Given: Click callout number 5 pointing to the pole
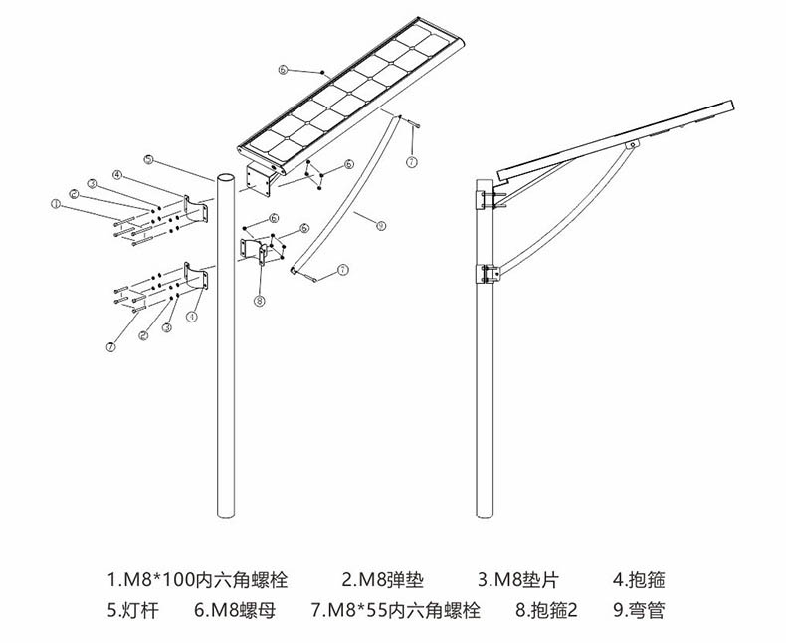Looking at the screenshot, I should point(147,159).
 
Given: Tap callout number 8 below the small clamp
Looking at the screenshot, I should point(259,300).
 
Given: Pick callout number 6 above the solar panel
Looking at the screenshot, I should point(284,70).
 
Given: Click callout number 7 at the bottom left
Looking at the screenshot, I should point(111,346).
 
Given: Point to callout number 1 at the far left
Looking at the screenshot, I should point(56,203).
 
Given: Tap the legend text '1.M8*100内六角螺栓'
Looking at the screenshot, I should point(196,578).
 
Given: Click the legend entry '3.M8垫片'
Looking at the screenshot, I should point(515,578).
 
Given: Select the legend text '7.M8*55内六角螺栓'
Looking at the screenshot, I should point(395,610).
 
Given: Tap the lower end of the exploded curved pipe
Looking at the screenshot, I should point(294,268).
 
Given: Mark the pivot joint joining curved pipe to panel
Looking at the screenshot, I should point(630,147).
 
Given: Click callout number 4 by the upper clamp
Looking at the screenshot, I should point(117,175).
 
